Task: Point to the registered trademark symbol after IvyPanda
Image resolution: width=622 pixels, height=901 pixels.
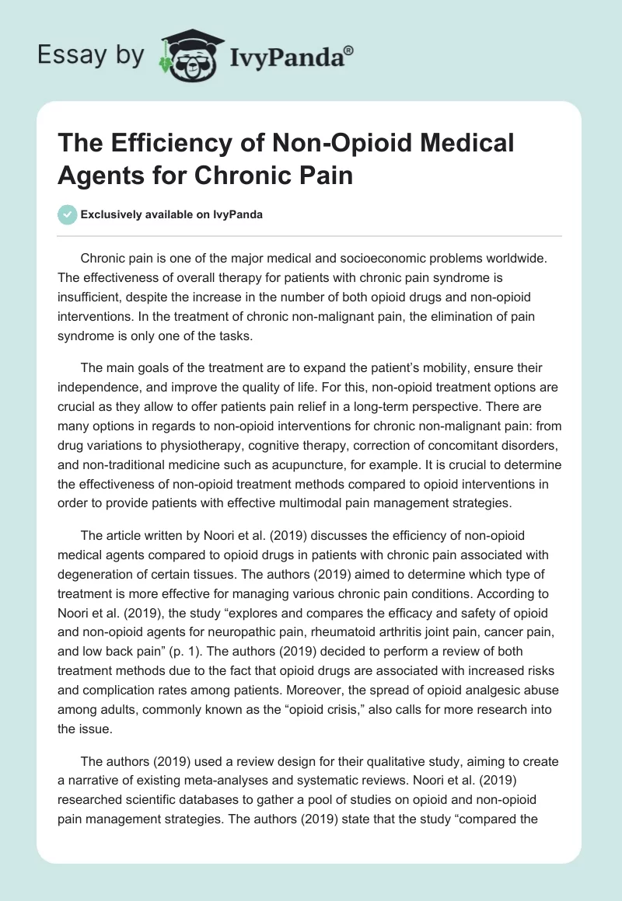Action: (x=349, y=50)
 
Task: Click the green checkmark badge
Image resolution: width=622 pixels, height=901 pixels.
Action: (x=68, y=214)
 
